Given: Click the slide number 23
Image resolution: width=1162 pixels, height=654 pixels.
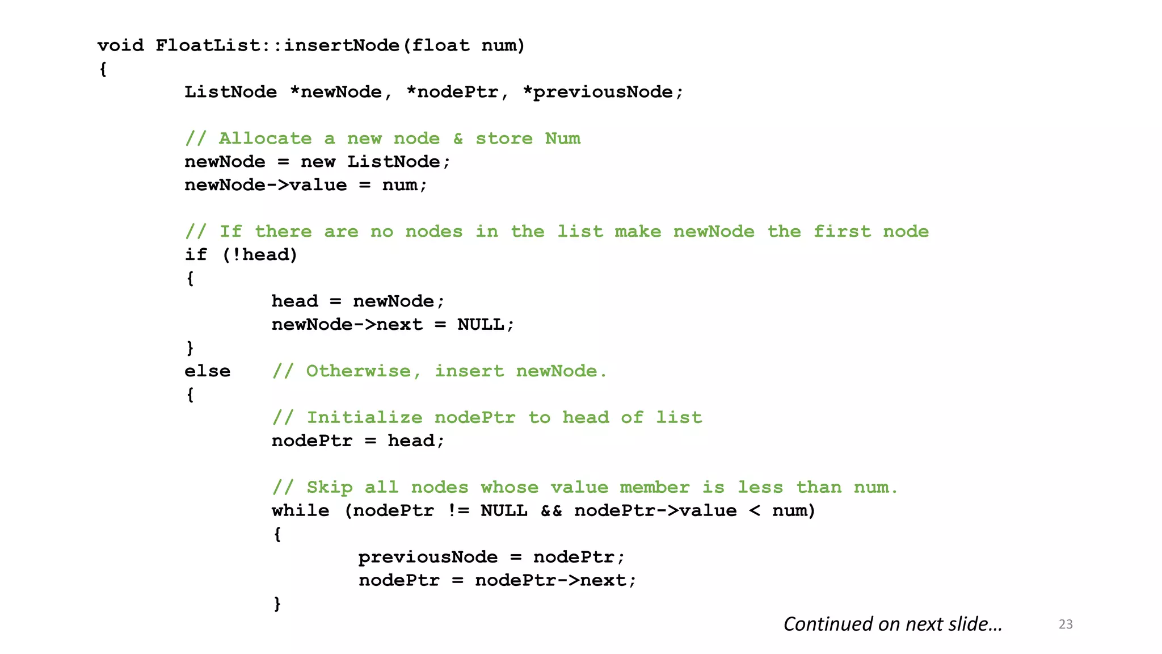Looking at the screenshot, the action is click(1066, 624).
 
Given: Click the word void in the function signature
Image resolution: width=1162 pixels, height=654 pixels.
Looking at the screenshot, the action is click(120, 45).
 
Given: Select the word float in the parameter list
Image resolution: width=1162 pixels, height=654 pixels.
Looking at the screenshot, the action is click(440, 45).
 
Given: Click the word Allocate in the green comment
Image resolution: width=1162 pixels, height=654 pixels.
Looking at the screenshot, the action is click(265, 139).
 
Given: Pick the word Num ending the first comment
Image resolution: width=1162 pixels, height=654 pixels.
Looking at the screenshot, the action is click(562, 139).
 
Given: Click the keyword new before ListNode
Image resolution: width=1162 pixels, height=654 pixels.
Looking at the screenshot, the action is click(318, 162).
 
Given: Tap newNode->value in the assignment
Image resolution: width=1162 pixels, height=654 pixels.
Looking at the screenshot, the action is click(266, 185).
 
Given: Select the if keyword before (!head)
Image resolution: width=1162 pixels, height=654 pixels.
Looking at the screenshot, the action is click(196, 255).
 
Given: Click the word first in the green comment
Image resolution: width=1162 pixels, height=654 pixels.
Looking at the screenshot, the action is click(842, 232).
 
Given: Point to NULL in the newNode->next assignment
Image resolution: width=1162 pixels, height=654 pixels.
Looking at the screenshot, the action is click(481, 325).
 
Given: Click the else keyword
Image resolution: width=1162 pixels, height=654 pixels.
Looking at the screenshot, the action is click(207, 371).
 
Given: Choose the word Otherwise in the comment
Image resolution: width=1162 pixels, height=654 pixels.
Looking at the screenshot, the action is click(359, 371).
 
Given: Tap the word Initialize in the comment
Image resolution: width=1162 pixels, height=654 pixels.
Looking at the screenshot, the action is click(364, 418).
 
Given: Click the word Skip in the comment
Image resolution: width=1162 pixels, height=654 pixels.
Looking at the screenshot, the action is click(329, 488).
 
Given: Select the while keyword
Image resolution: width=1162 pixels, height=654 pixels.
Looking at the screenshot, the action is click(300, 511).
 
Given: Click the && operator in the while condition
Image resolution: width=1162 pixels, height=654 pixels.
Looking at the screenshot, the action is click(551, 511).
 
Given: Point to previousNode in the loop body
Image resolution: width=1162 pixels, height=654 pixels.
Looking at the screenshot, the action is click(428, 557).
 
